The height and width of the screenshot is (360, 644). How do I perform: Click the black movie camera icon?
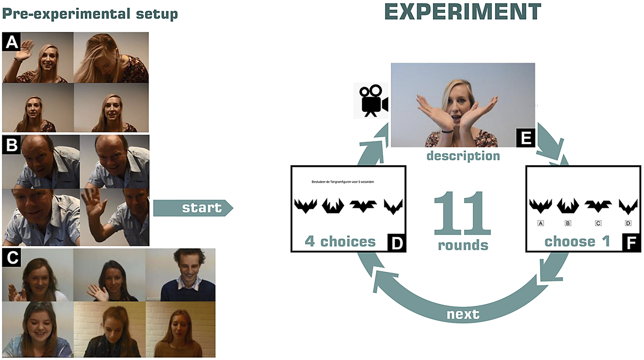[371, 101]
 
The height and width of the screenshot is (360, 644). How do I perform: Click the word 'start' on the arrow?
[201, 208]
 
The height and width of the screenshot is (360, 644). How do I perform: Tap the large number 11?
[462, 214]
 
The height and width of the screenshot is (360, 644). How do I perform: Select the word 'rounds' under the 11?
[463, 245]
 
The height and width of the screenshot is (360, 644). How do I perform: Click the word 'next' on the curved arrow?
[463, 315]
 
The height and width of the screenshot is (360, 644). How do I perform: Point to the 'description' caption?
[463, 156]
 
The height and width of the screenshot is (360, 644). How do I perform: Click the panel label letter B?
[11, 144]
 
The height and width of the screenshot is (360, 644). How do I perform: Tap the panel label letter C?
[11, 259]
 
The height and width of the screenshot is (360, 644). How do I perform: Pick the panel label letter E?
[525, 138]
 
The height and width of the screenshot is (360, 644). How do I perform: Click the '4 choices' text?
[340, 241]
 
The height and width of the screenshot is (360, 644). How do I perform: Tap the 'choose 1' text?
[577, 241]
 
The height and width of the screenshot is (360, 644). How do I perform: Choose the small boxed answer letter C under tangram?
[598, 223]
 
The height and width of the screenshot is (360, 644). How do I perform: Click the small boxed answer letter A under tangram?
[541, 223]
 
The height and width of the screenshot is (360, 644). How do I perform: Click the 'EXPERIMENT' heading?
[462, 12]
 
